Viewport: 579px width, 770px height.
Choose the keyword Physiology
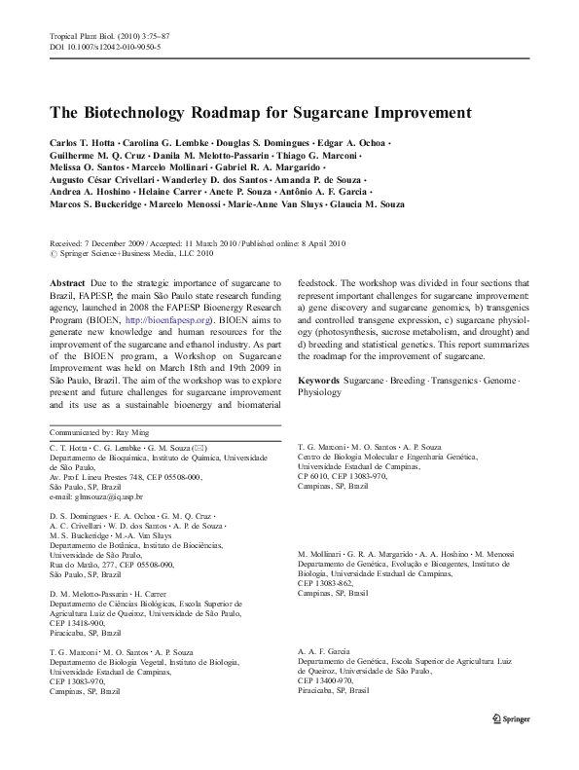pos(320,392)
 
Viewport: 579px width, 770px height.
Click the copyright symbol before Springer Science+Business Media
pos(53,253)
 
